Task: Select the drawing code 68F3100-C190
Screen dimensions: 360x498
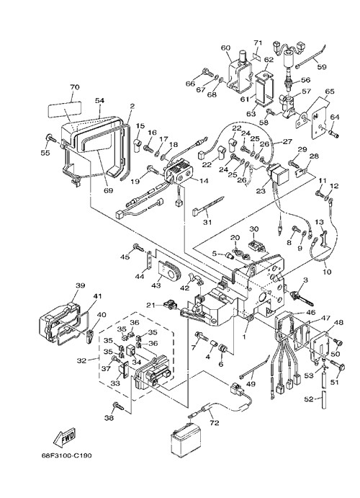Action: click(x=67, y=455)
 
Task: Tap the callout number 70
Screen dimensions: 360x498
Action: click(x=75, y=86)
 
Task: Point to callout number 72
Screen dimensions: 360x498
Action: click(x=215, y=423)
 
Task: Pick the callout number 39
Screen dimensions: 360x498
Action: click(x=80, y=285)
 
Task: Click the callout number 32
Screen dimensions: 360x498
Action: click(x=81, y=360)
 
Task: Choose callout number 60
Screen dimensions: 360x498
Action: click(x=225, y=48)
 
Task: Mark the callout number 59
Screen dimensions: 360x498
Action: click(x=321, y=67)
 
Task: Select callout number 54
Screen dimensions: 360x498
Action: click(x=99, y=100)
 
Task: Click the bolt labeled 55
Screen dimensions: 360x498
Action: click(x=51, y=138)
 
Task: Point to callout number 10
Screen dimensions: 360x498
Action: click(x=327, y=272)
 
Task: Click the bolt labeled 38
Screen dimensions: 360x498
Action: click(x=117, y=405)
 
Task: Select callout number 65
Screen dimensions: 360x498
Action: click(x=330, y=92)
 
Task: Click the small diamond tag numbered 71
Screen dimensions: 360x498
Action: click(x=257, y=56)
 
